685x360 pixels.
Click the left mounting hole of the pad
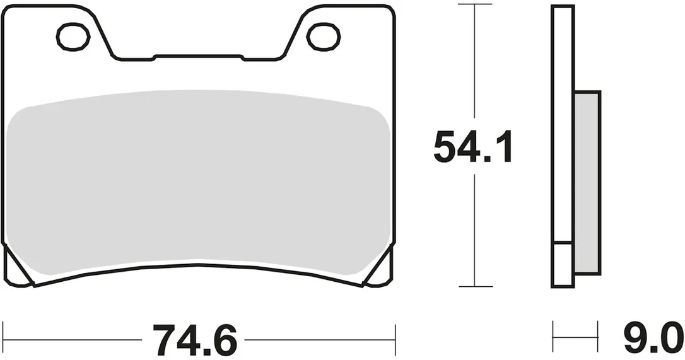73,37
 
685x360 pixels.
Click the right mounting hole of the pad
324,37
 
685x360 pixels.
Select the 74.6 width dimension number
194,339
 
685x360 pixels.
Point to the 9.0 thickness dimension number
653,338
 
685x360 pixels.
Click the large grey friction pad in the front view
199,183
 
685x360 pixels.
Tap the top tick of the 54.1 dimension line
475,4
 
